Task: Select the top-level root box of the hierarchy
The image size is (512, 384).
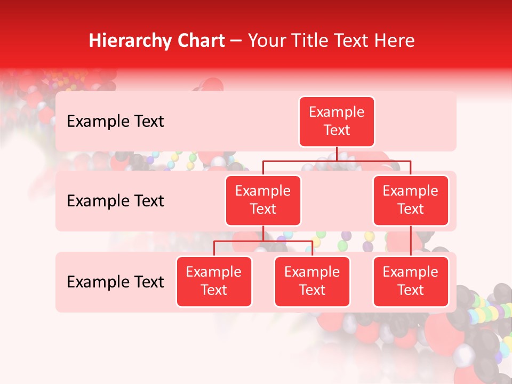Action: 337,122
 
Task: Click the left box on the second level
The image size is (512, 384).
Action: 263,201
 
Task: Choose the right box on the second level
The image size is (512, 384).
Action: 411,201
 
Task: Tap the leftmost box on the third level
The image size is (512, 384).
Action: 214,282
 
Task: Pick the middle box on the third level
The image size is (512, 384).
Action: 312,282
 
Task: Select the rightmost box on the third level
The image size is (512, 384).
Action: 411,282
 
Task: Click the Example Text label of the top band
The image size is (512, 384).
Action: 115,122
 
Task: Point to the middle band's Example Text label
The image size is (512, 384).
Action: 115,201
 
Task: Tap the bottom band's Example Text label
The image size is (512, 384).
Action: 115,282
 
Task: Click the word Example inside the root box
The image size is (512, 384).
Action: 337,113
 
